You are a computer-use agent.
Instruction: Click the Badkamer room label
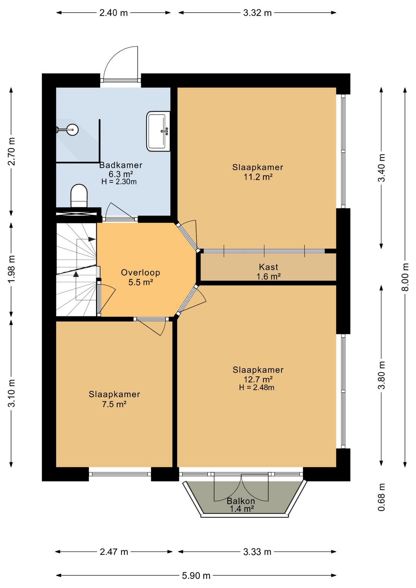tap(121, 165)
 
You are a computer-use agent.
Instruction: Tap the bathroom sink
tap(158, 131)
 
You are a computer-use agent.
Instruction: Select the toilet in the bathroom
tap(79, 196)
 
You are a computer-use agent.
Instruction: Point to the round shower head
tap(72, 129)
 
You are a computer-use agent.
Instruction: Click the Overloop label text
tap(141, 272)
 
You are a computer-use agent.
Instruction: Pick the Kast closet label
tap(268, 267)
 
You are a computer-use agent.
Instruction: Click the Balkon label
tap(241, 501)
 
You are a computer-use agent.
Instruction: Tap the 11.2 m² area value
tap(258, 177)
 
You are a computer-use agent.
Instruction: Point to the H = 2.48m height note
tap(257, 387)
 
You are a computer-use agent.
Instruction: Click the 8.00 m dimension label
tap(405, 277)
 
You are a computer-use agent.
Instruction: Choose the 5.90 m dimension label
tap(196, 576)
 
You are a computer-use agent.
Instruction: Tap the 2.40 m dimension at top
tap(113, 13)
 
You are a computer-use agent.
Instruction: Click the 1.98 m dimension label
tap(12, 269)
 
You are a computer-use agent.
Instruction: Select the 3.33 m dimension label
tap(257, 552)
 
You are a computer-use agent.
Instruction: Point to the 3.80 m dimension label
tap(381, 375)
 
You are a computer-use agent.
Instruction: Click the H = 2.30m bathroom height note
tap(119, 181)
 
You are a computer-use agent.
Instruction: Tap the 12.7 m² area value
tap(258, 379)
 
